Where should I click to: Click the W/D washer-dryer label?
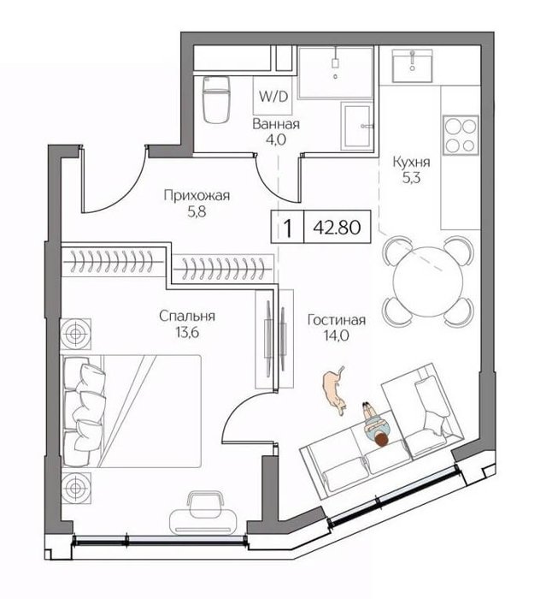pyautogui.click(x=273, y=96)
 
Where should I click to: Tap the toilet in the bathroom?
pyautogui.click(x=217, y=99)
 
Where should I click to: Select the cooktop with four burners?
pyautogui.click(x=461, y=135)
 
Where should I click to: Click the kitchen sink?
pyautogui.click(x=412, y=66)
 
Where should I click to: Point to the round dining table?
pyautogui.click(x=428, y=282)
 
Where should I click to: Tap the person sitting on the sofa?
pyautogui.click(x=376, y=424)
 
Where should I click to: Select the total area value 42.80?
pyautogui.click(x=337, y=228)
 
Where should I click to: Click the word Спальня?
pyautogui.click(x=187, y=317)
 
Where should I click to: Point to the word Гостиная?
pyautogui.click(x=337, y=320)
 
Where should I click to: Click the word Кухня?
pyautogui.click(x=412, y=162)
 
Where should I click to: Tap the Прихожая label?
pyautogui.click(x=197, y=196)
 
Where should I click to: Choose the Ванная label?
pyautogui.click(x=276, y=124)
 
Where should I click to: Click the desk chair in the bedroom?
pyautogui.click(x=206, y=504)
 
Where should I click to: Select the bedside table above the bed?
pyautogui.click(x=76, y=335)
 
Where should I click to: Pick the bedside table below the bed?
pyautogui.click(x=76, y=488)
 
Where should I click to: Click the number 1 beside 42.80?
pyautogui.click(x=288, y=228)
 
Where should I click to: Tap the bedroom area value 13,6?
pyautogui.click(x=187, y=333)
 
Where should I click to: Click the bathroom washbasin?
pyautogui.click(x=357, y=126)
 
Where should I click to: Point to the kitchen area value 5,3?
pyautogui.click(x=411, y=178)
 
